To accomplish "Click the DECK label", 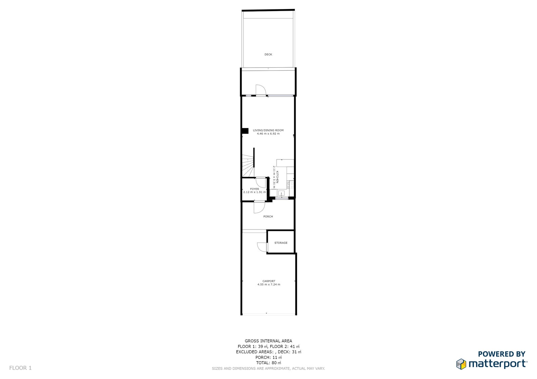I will (x=268, y=54).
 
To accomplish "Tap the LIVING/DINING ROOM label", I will (x=268, y=130).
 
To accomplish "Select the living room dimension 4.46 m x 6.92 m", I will (x=268, y=134).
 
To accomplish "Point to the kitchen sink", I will (x=281, y=193).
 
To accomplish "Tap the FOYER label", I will (x=254, y=189).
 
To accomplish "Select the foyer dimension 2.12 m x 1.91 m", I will (x=254, y=192).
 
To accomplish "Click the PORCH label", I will (x=268, y=216).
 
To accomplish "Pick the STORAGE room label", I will (x=281, y=243).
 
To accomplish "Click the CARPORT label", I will (x=269, y=281).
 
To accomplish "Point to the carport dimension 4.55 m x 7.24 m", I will (x=269, y=285).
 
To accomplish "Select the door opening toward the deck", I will (x=260, y=90).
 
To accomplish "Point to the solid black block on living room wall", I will (x=245, y=131).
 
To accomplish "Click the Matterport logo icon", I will (x=461, y=364).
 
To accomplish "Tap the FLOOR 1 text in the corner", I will (x=20, y=368).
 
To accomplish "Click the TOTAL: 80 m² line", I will (x=268, y=363).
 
